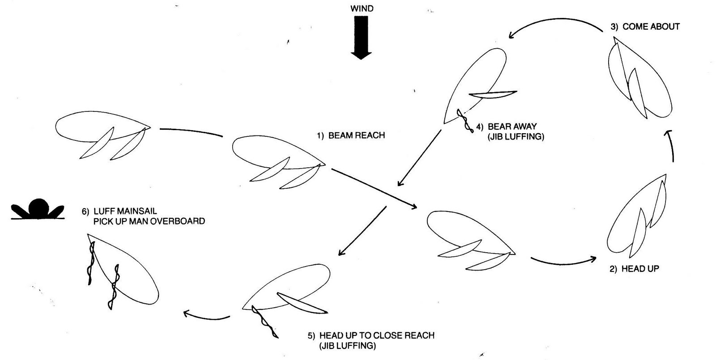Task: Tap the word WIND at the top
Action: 362,8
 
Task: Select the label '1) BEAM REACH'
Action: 351,135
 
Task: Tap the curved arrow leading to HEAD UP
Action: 564,260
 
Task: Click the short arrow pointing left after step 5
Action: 206,316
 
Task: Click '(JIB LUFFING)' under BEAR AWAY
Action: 516,137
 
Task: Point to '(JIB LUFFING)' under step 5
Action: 347,346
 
